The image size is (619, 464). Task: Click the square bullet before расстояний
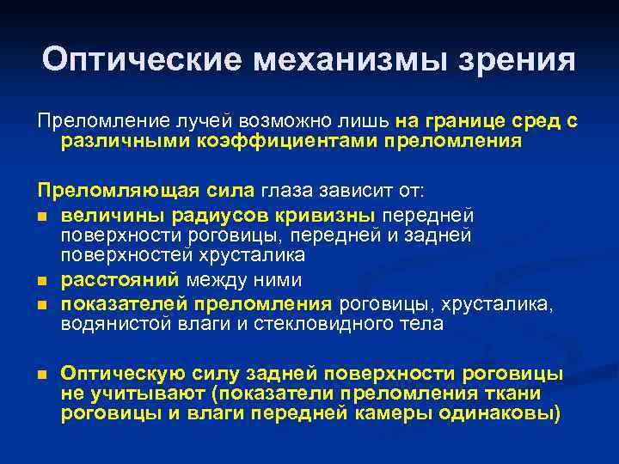pyautogui.click(x=41, y=282)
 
